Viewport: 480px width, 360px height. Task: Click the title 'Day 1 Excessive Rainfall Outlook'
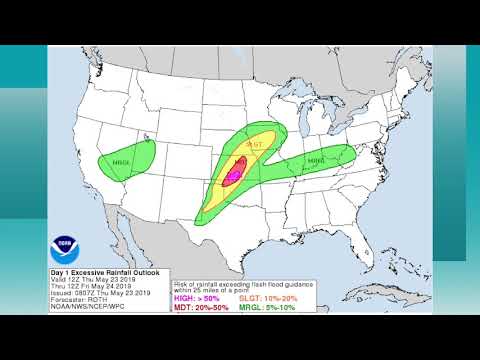click(x=105, y=271)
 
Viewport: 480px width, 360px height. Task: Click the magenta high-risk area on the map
click(x=235, y=174)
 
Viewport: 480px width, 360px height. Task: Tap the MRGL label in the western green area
click(x=122, y=162)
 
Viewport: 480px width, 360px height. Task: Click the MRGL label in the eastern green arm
click(x=316, y=160)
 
